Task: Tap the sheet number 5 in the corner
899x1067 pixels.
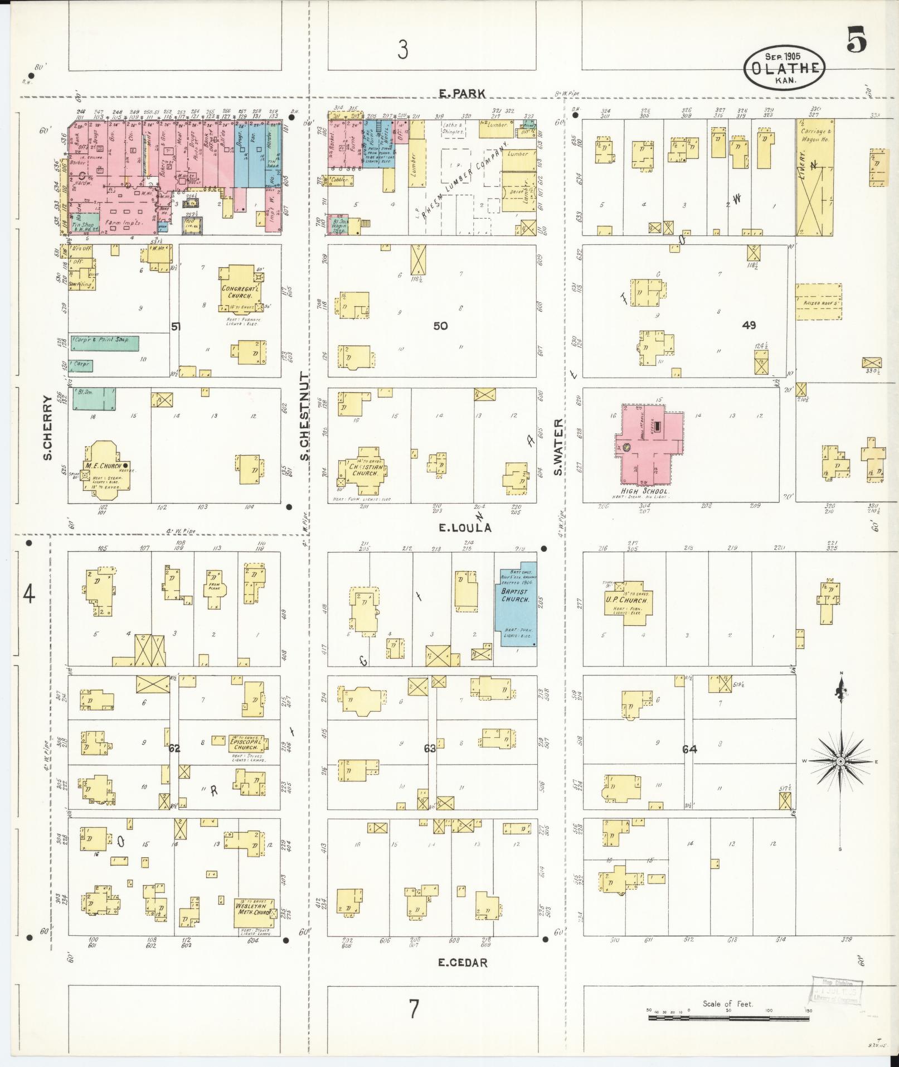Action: click(856, 41)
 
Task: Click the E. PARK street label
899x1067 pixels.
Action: click(462, 94)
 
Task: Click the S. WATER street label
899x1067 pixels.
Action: click(559, 447)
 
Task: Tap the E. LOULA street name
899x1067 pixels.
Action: click(465, 527)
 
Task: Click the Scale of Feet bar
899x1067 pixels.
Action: click(728, 1018)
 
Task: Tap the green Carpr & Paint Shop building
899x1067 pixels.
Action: click(105, 343)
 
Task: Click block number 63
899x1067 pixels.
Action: click(429, 748)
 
